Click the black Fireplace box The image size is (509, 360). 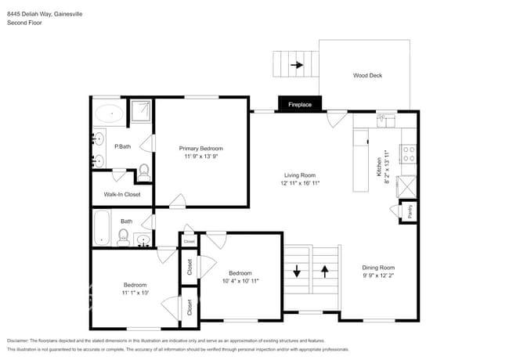pyautogui.click(x=300, y=104)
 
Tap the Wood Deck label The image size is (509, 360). pyautogui.click(x=367, y=76)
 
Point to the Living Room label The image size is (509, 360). pyautogui.click(x=299, y=175)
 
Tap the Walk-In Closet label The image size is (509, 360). pyautogui.click(x=122, y=194)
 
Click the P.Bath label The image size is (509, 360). pyautogui.click(x=121, y=146)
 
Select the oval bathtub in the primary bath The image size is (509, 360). pyautogui.click(x=109, y=114)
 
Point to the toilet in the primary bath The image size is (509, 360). pyautogui.click(x=144, y=170)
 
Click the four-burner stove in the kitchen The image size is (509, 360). pyautogui.click(x=408, y=153)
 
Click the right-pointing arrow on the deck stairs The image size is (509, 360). pyautogui.click(x=297, y=66)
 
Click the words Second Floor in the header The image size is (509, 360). pyautogui.click(x=25, y=23)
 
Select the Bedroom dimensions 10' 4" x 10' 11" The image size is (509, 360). pyautogui.click(x=240, y=280)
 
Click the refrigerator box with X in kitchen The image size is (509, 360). pyautogui.click(x=408, y=188)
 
